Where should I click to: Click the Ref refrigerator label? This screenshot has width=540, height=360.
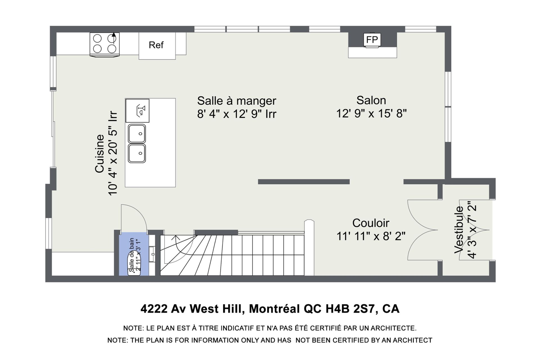[x=156, y=45]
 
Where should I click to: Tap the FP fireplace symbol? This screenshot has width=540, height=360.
[x=372, y=40]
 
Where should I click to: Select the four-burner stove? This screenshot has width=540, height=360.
[x=105, y=44]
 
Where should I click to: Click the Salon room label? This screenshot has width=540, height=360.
[x=371, y=100]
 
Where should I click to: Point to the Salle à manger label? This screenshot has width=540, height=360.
[x=237, y=101]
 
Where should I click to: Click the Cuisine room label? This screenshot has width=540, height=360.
[x=100, y=153]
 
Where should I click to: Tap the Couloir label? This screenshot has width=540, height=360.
[x=371, y=223]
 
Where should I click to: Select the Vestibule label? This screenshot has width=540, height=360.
[x=459, y=230]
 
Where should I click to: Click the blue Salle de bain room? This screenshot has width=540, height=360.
[x=134, y=255]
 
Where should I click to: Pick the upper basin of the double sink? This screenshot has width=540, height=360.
[x=137, y=134]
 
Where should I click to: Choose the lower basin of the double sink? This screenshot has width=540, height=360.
[x=137, y=154]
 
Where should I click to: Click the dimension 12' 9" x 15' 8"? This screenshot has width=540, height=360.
[x=371, y=114]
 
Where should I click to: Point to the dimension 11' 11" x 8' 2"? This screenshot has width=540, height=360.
[x=371, y=236]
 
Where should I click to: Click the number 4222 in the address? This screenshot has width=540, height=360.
[x=154, y=309]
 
